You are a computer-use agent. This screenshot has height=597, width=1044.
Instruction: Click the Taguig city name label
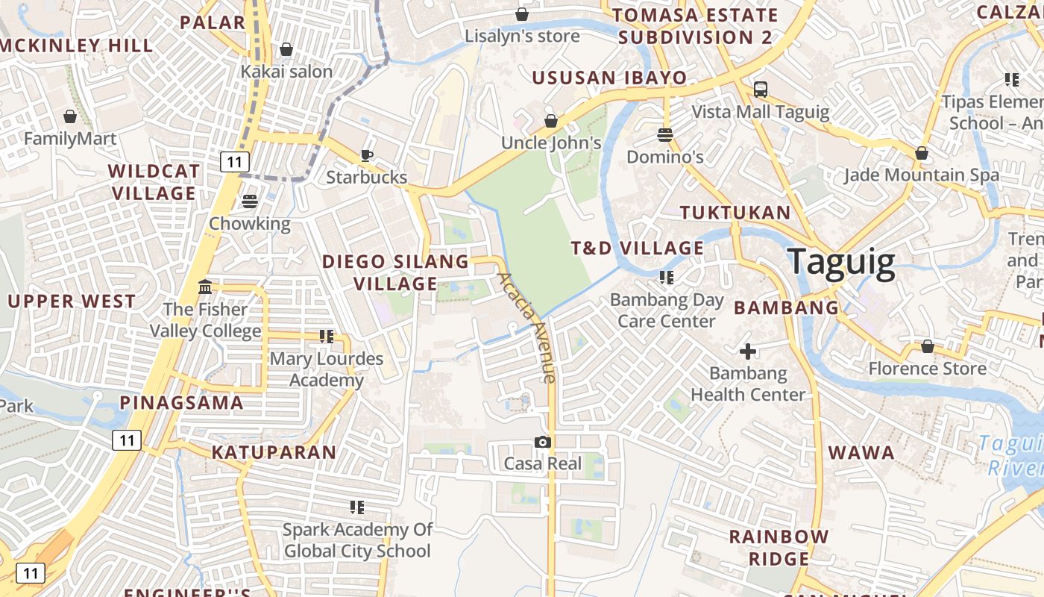841,262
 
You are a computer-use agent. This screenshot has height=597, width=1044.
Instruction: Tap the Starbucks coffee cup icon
366,155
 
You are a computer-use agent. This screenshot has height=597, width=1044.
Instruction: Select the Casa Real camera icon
543,442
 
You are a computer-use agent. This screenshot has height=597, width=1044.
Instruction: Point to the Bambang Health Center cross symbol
748,351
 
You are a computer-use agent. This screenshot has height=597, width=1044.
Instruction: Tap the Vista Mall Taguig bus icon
761,90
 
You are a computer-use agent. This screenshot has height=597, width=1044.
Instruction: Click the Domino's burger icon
665,135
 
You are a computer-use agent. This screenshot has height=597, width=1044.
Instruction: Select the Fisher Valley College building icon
205,287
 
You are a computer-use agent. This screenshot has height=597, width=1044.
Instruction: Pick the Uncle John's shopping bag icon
551,120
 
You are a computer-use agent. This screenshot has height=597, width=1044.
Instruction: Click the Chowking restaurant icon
249,201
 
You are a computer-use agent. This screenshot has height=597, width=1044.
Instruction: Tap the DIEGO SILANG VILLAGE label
395,272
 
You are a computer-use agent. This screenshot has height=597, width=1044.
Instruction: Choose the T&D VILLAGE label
638,248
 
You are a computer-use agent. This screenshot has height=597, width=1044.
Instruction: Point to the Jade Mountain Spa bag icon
922,153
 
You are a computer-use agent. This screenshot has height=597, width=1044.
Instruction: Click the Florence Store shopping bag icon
927,346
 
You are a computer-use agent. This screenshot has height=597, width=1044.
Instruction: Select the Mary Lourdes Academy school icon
326,337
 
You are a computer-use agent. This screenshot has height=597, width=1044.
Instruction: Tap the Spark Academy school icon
357,507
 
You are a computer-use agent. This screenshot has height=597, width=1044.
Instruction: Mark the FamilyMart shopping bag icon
70,116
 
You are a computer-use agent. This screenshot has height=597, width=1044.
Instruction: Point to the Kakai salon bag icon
286,49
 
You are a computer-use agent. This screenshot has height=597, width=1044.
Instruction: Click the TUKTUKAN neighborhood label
735,213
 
